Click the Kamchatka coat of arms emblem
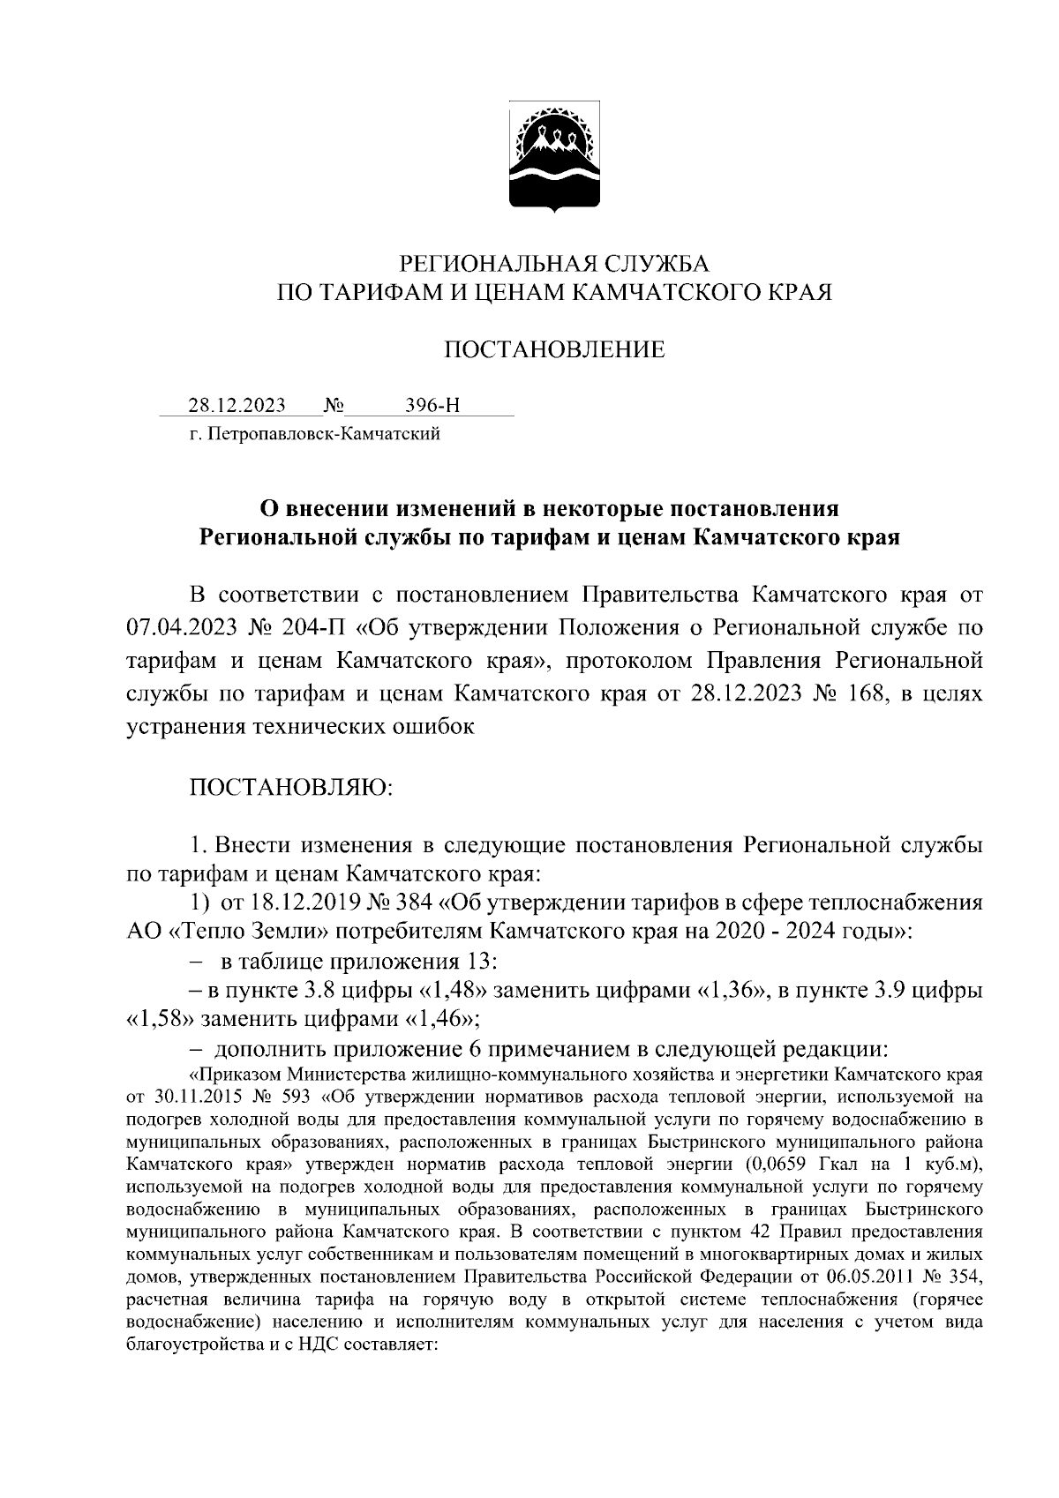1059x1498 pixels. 553,159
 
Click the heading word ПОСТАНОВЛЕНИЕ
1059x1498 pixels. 553,350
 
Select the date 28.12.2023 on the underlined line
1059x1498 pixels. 237,406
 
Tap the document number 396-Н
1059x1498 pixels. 432,406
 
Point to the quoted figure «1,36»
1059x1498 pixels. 732,990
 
